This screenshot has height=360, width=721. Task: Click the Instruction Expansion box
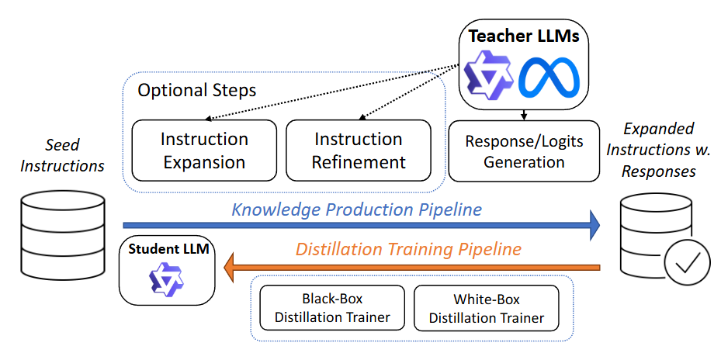(204, 151)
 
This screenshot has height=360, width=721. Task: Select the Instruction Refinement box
(359, 151)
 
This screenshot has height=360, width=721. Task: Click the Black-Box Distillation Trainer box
(332, 308)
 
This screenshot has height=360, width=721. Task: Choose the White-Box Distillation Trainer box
(487, 308)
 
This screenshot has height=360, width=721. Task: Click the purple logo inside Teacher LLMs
(487, 76)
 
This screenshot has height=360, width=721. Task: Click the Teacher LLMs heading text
(525, 36)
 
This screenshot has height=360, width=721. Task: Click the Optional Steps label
(196, 90)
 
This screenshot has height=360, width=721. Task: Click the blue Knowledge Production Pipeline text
(357, 209)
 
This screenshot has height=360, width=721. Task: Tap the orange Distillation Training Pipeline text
(408, 250)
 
